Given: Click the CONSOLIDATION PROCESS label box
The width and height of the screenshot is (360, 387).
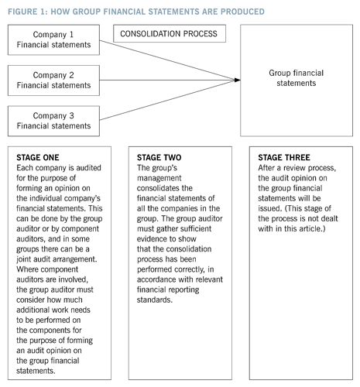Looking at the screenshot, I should pyautogui.click(x=170, y=34).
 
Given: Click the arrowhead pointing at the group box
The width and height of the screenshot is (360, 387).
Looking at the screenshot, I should pyautogui.click(x=236, y=78).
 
